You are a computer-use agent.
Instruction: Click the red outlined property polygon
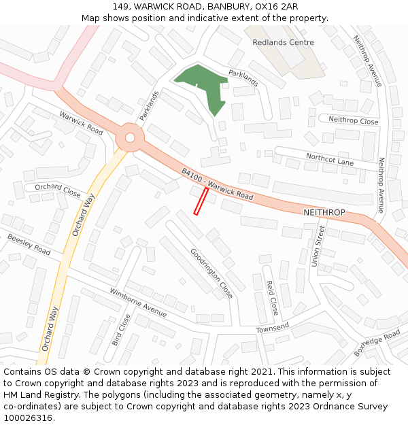coord(201,201)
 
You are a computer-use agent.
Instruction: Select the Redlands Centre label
coord(283,42)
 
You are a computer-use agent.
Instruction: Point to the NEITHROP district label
coord(324,213)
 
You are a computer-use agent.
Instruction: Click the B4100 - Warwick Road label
coord(218,184)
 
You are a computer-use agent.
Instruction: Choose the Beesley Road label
coord(29,245)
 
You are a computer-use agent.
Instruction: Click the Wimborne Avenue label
coord(139,304)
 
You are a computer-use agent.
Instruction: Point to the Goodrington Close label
coord(211,273)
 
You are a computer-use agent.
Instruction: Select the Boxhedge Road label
coord(377,343)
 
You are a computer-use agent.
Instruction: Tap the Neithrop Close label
coord(353,120)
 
